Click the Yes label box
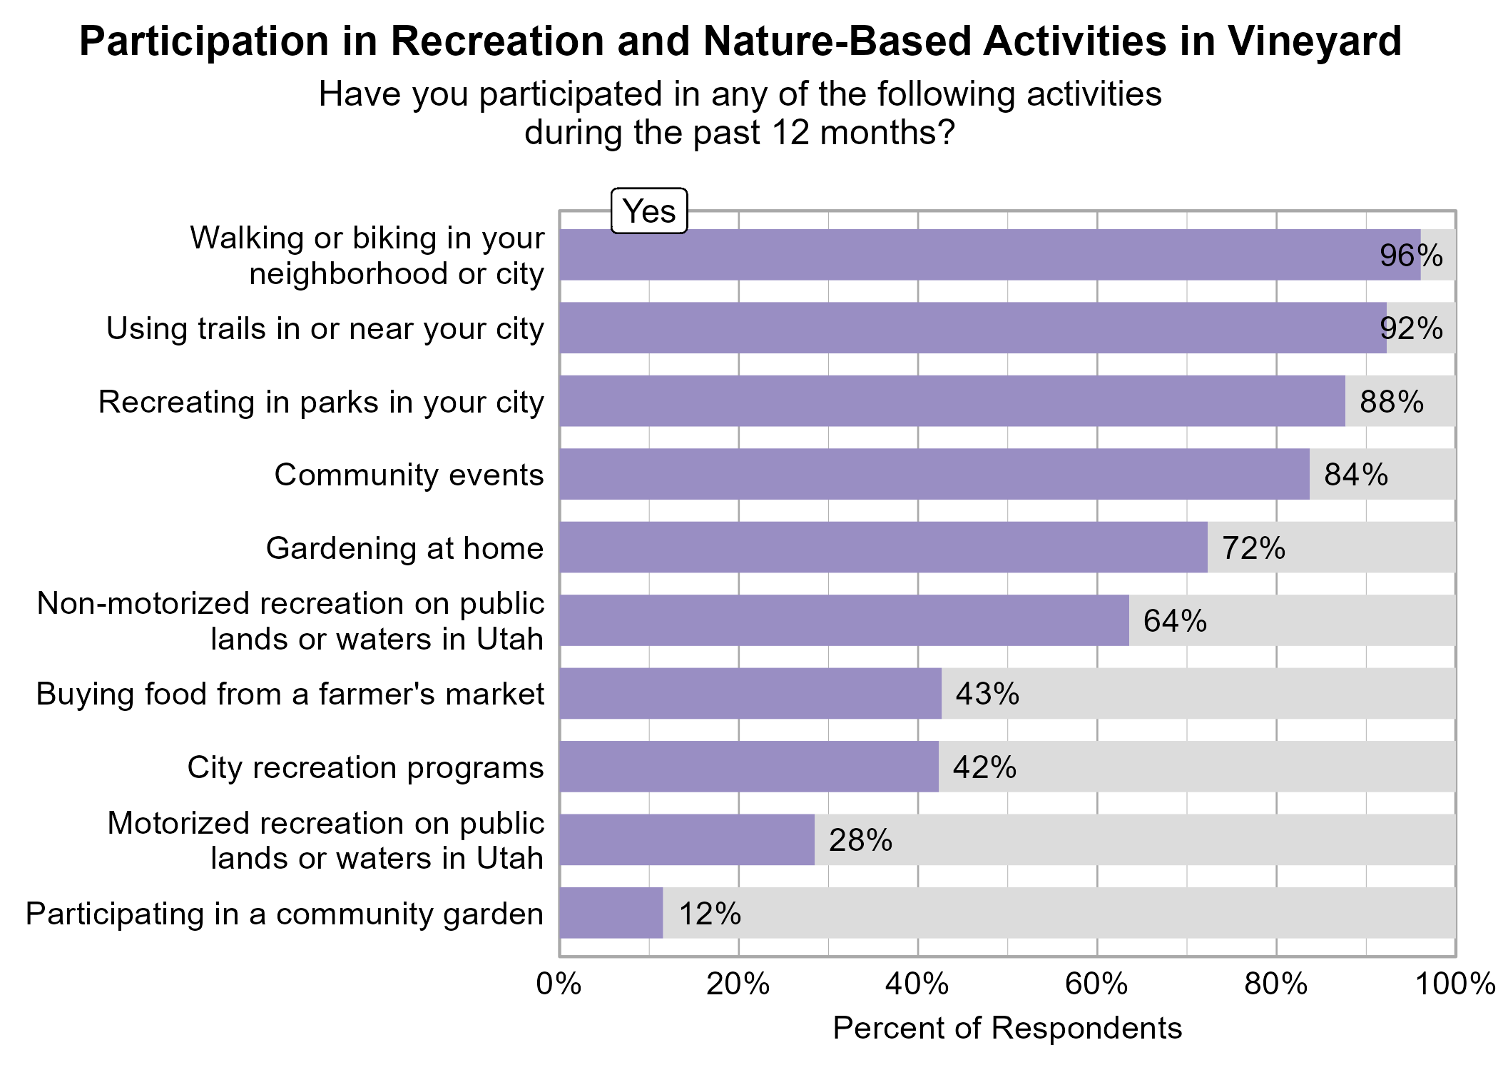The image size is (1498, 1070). [648, 211]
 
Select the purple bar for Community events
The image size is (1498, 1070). [934, 474]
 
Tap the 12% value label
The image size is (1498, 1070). [710, 914]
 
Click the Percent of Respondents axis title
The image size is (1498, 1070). [1007, 1029]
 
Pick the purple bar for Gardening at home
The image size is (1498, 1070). [883, 547]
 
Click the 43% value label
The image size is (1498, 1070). [987, 694]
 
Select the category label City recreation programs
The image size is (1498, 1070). [365, 767]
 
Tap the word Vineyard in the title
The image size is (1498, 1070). [1314, 41]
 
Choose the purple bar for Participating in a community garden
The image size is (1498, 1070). [611, 913]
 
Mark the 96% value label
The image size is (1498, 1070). [1410, 256]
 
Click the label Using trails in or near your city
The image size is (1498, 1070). [325, 328]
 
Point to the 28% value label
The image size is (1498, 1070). [860, 840]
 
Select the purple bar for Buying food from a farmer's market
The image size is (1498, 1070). [750, 694]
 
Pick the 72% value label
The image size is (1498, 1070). [1253, 548]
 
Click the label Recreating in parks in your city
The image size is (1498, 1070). [321, 402]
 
